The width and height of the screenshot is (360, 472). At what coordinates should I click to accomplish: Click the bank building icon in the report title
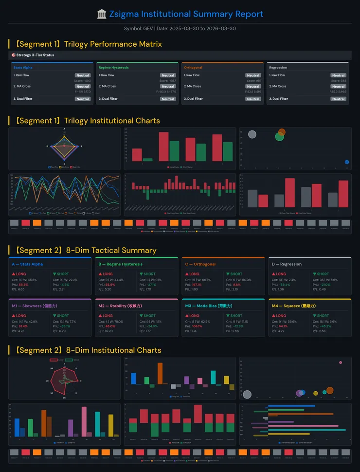click(x=102, y=14)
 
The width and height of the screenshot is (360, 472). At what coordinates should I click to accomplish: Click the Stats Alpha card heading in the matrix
click(x=24, y=68)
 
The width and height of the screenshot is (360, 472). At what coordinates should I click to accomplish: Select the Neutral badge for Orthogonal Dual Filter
click(x=253, y=99)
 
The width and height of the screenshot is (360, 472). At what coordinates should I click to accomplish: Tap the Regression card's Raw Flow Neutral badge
click(x=338, y=75)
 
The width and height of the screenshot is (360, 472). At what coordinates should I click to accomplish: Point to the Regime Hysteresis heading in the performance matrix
click(x=113, y=68)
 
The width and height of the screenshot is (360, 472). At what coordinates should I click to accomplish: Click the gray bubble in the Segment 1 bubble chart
click(x=252, y=134)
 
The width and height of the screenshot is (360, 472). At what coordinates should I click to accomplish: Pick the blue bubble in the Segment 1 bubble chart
click(x=347, y=162)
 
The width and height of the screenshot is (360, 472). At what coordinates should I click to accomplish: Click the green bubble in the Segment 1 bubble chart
click(x=279, y=137)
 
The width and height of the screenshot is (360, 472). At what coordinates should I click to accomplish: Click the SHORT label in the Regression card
click(x=323, y=274)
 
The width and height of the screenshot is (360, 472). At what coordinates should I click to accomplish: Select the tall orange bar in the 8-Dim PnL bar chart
click(x=160, y=373)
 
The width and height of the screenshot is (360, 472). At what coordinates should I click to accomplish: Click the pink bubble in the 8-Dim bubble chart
click(x=341, y=363)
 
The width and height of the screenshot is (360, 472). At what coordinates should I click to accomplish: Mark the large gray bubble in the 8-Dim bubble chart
click(x=247, y=395)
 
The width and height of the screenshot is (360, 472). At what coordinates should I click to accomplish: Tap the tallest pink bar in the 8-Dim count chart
click(x=84, y=421)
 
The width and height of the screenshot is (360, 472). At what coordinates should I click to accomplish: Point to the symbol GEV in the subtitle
click(x=147, y=29)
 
